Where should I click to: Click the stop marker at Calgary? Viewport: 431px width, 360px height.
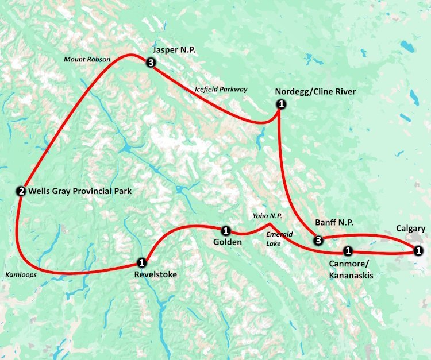click(x=418, y=250)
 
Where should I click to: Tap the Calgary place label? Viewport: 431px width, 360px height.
click(x=410, y=229)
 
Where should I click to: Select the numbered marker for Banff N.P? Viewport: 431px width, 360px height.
click(x=318, y=240)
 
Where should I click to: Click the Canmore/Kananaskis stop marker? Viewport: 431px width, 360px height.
click(x=348, y=250)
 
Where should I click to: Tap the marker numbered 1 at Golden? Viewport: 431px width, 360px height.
click(x=226, y=231)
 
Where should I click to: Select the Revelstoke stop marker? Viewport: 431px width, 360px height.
click(x=141, y=262)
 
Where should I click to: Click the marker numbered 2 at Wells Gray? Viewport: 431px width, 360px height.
click(x=21, y=191)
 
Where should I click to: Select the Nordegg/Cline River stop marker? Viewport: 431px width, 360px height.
click(x=281, y=104)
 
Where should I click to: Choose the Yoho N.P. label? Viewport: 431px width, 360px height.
click(x=267, y=216)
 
